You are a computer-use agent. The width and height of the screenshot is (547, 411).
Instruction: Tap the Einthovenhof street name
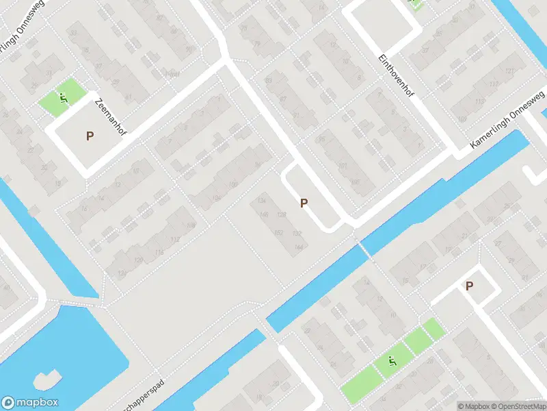(x=397, y=76)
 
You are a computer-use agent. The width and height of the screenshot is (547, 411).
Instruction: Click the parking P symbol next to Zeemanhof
(x=90, y=136)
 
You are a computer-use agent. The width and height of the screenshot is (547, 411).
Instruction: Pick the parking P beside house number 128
(x=304, y=203)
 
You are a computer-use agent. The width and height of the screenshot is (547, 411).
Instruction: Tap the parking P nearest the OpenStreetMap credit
(x=469, y=286)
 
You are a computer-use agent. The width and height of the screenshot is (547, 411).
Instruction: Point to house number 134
(x=261, y=200)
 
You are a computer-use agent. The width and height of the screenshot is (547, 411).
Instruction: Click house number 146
(x=264, y=214)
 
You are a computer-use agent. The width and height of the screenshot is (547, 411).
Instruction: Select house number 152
(x=278, y=233)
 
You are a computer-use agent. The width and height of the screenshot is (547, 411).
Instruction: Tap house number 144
(x=297, y=247)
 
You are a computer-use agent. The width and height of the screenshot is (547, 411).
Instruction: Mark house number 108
(x=191, y=225)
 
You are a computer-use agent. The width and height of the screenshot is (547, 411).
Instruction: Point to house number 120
(x=139, y=260)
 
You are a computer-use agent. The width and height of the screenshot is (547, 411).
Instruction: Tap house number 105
(x=354, y=182)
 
